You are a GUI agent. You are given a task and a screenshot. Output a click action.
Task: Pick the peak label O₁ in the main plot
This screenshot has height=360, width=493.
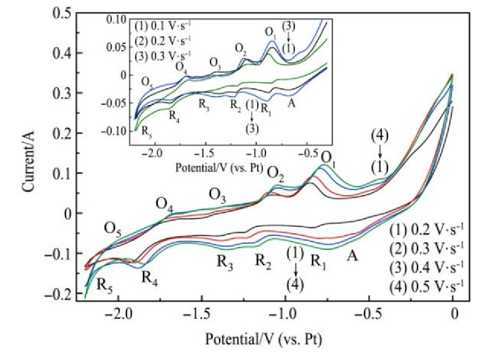(328, 157)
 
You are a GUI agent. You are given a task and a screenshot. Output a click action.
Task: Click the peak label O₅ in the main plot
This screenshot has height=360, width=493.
(113, 230)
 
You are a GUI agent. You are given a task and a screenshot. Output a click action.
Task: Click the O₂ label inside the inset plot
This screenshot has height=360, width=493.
(241, 48)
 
